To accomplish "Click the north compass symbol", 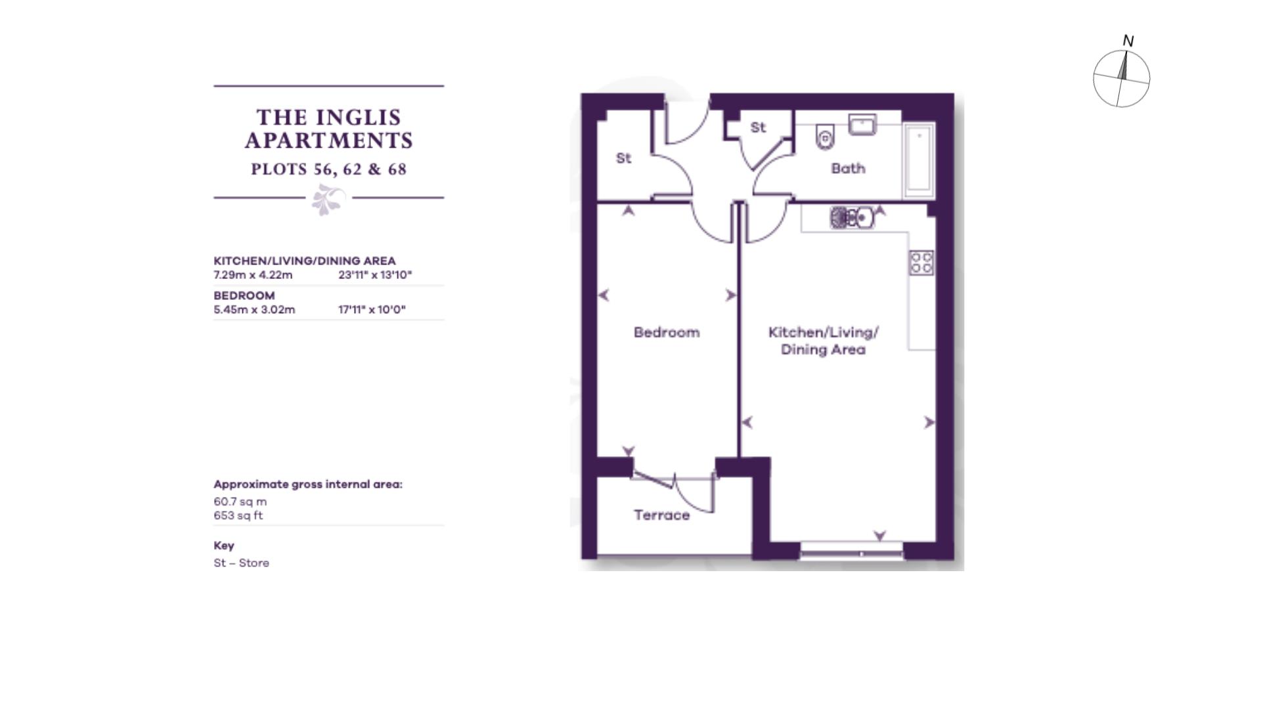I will pyautogui.click(x=1121, y=78).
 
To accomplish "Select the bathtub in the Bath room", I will pyautogui.click(x=919, y=160).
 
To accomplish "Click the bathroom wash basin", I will pyautogui.click(x=862, y=124).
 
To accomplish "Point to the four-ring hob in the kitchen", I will pyautogui.click(x=921, y=263).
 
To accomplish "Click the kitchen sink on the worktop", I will pyautogui.click(x=852, y=217).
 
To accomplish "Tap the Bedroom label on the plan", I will pyautogui.click(x=667, y=332).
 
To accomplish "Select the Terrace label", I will pyautogui.click(x=661, y=515).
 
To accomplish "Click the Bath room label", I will pyautogui.click(x=848, y=169).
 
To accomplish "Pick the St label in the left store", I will pyautogui.click(x=623, y=158).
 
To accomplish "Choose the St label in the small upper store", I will pyautogui.click(x=758, y=127).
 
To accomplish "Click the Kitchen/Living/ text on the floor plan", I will pyautogui.click(x=823, y=332).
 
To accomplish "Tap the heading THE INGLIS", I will pyautogui.click(x=328, y=118).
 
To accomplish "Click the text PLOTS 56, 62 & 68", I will pyautogui.click(x=328, y=169).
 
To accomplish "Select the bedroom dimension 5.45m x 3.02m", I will pyautogui.click(x=254, y=310).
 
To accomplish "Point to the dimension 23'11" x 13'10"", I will pyautogui.click(x=375, y=275).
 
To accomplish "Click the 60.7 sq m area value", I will pyautogui.click(x=240, y=502).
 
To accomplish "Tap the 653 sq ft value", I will pyautogui.click(x=238, y=516).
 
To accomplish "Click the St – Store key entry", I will pyautogui.click(x=241, y=563).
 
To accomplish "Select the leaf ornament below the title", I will pyautogui.click(x=328, y=199).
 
